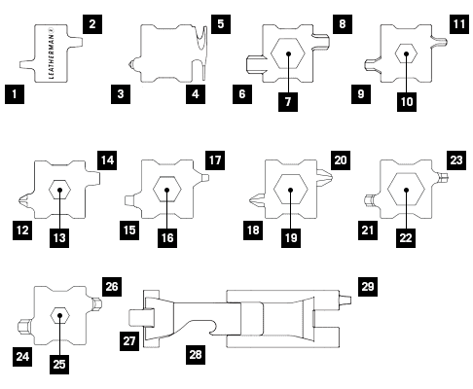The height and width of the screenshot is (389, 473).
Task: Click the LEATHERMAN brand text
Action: pyautogui.click(x=52, y=53)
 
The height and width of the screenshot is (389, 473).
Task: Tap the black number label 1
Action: pyautogui.click(x=15, y=94)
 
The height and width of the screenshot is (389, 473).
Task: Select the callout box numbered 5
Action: pyautogui.click(x=221, y=24)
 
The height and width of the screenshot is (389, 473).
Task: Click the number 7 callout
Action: pyautogui.click(x=288, y=102)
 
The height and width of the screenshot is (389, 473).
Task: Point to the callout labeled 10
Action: pyautogui.click(x=407, y=102)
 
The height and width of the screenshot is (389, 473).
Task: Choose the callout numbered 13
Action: pyautogui.click(x=59, y=238)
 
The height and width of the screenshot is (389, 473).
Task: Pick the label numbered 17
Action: pyautogui.click(x=215, y=160)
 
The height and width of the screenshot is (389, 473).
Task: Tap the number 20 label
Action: pyautogui.click(x=341, y=160)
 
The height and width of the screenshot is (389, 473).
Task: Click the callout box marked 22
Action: pyautogui.click(x=406, y=238)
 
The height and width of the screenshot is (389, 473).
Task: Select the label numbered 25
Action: pyautogui.click(x=59, y=365)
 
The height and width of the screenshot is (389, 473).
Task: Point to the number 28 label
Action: pyautogui.click(x=196, y=355)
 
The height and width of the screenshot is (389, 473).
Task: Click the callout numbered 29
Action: pyautogui.click(x=368, y=287)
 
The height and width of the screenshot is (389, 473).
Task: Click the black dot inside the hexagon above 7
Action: pyautogui.click(x=288, y=53)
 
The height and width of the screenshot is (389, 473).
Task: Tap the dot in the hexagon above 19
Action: pyautogui.click(x=290, y=190)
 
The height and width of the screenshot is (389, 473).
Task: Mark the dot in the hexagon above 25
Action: pyautogui.click(x=59, y=315)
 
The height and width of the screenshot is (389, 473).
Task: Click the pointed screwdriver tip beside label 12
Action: pyautogui.click(x=26, y=201)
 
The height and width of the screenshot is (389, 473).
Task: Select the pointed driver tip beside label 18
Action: pyautogui.click(x=258, y=200)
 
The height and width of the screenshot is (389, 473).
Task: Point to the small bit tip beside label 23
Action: pyautogui.click(x=443, y=177)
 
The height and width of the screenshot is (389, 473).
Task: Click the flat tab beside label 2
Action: pyautogui.click(x=76, y=43)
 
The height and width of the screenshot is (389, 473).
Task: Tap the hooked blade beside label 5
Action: pyautogui.click(x=203, y=52)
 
